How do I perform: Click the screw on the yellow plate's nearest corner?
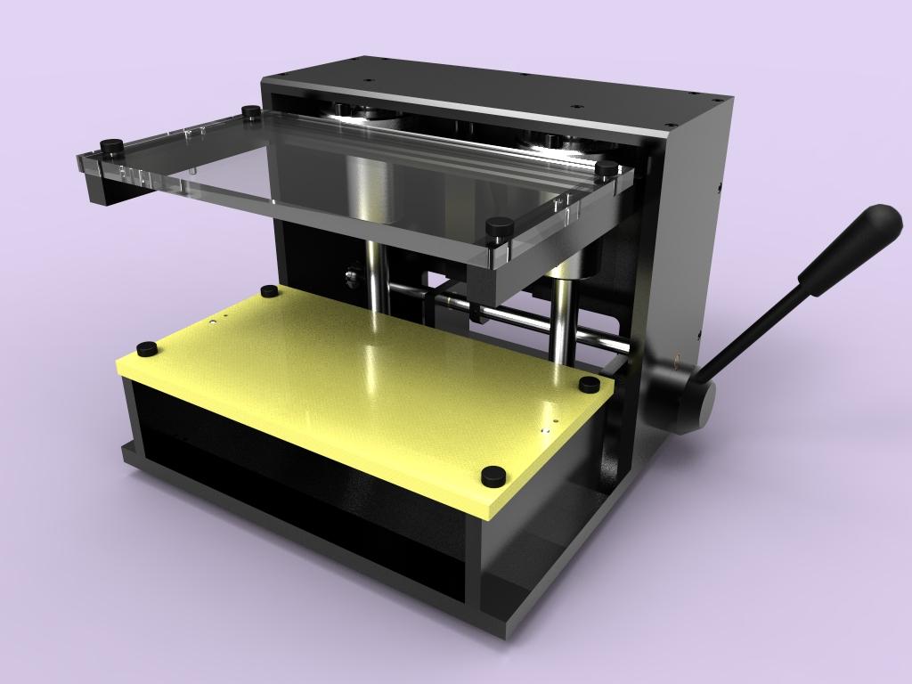pos(492,476)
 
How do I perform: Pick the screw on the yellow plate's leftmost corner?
pos(146,348)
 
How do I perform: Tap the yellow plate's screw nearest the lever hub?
pos(590,384)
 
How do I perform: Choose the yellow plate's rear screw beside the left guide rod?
pos(268,291)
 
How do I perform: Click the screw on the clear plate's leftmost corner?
pos(110,145)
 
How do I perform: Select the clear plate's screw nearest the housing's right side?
pos(607,167)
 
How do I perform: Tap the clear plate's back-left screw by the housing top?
pos(251,112)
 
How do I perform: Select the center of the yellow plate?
pos(365,383)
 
